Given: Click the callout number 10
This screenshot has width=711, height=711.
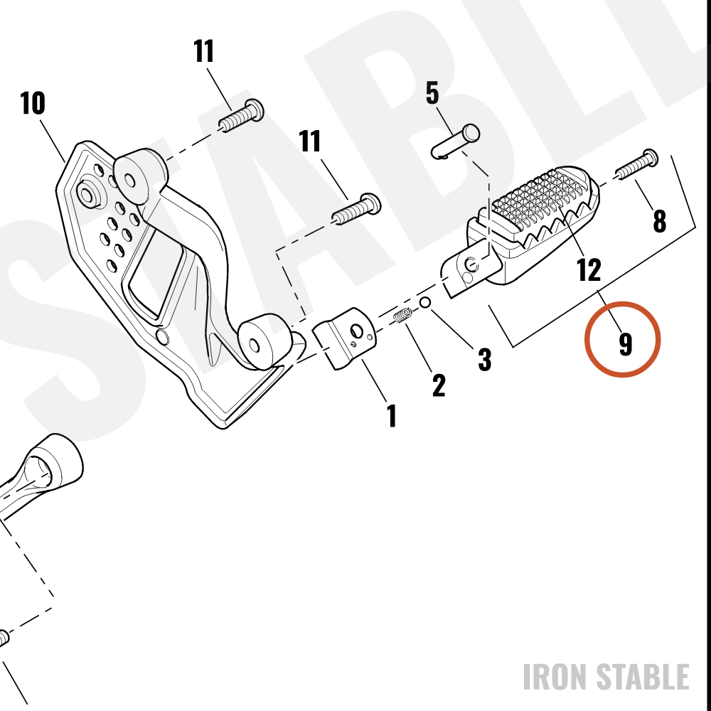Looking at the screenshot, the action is pos(33,103).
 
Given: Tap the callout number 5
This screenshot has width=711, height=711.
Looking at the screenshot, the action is pos(432,93).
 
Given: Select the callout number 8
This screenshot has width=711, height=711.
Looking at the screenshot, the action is pos(659,221).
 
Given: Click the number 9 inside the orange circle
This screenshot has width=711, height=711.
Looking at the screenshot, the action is pos(625,344).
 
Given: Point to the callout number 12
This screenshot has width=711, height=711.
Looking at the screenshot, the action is pos(589,269).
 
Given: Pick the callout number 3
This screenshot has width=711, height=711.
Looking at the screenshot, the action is pos(485,360).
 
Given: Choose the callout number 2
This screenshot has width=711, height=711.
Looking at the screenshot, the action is pos(439,385).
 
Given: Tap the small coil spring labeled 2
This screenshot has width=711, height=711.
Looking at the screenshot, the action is pos(402,315).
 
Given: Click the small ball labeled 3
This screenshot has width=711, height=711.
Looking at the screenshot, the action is pos(425,302).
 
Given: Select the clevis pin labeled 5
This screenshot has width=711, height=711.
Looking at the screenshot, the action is pos(455,141).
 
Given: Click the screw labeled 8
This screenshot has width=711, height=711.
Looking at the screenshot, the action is pos(637,164).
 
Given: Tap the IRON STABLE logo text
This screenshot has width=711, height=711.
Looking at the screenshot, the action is pos(606,677).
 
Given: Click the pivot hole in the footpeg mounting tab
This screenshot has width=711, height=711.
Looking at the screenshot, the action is pos(471,264).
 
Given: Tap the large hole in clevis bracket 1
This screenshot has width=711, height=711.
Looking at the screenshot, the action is pos(358,331).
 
